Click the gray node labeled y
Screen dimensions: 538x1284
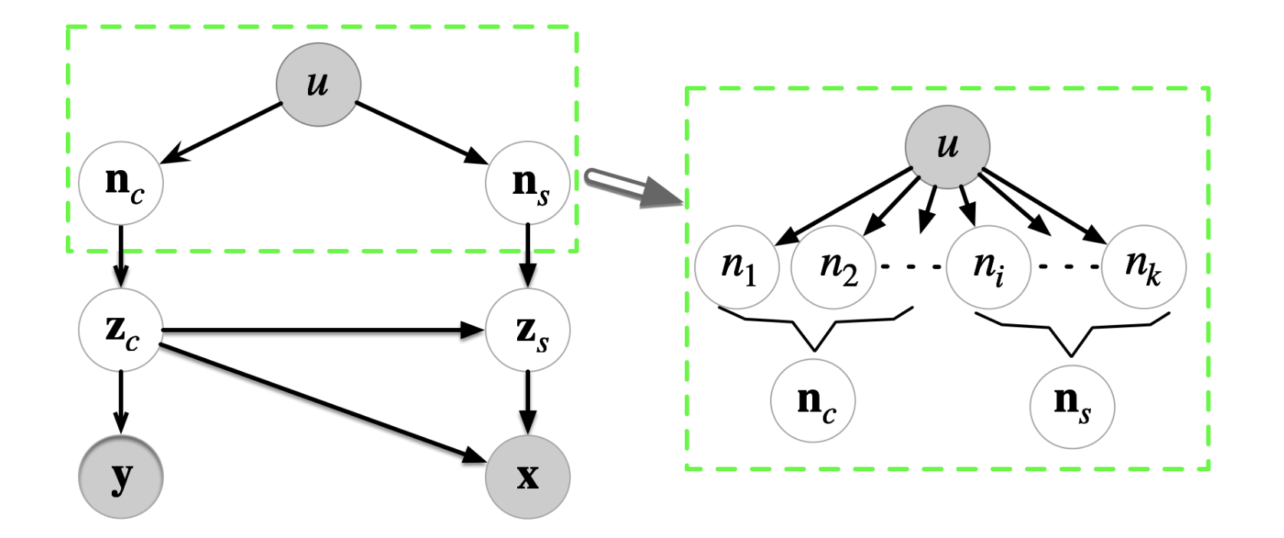(x=121, y=477)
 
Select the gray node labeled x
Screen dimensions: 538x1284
(x=528, y=477)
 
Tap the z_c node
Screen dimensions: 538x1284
(x=121, y=330)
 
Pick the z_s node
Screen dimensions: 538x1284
(x=528, y=330)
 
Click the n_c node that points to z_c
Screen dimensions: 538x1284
(x=121, y=183)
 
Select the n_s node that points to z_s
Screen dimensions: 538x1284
(x=528, y=183)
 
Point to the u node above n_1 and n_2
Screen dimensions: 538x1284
(x=948, y=146)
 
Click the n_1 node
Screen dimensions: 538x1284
(x=737, y=267)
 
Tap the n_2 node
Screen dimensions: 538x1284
(x=834, y=267)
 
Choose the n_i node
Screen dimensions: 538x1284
(x=988, y=267)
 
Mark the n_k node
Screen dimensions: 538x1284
(x=1144, y=267)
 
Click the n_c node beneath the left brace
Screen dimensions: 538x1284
(x=813, y=401)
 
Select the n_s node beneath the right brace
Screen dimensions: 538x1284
(x=1072, y=405)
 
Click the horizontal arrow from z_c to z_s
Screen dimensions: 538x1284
(x=322, y=330)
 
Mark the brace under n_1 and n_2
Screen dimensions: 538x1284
(x=814, y=325)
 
